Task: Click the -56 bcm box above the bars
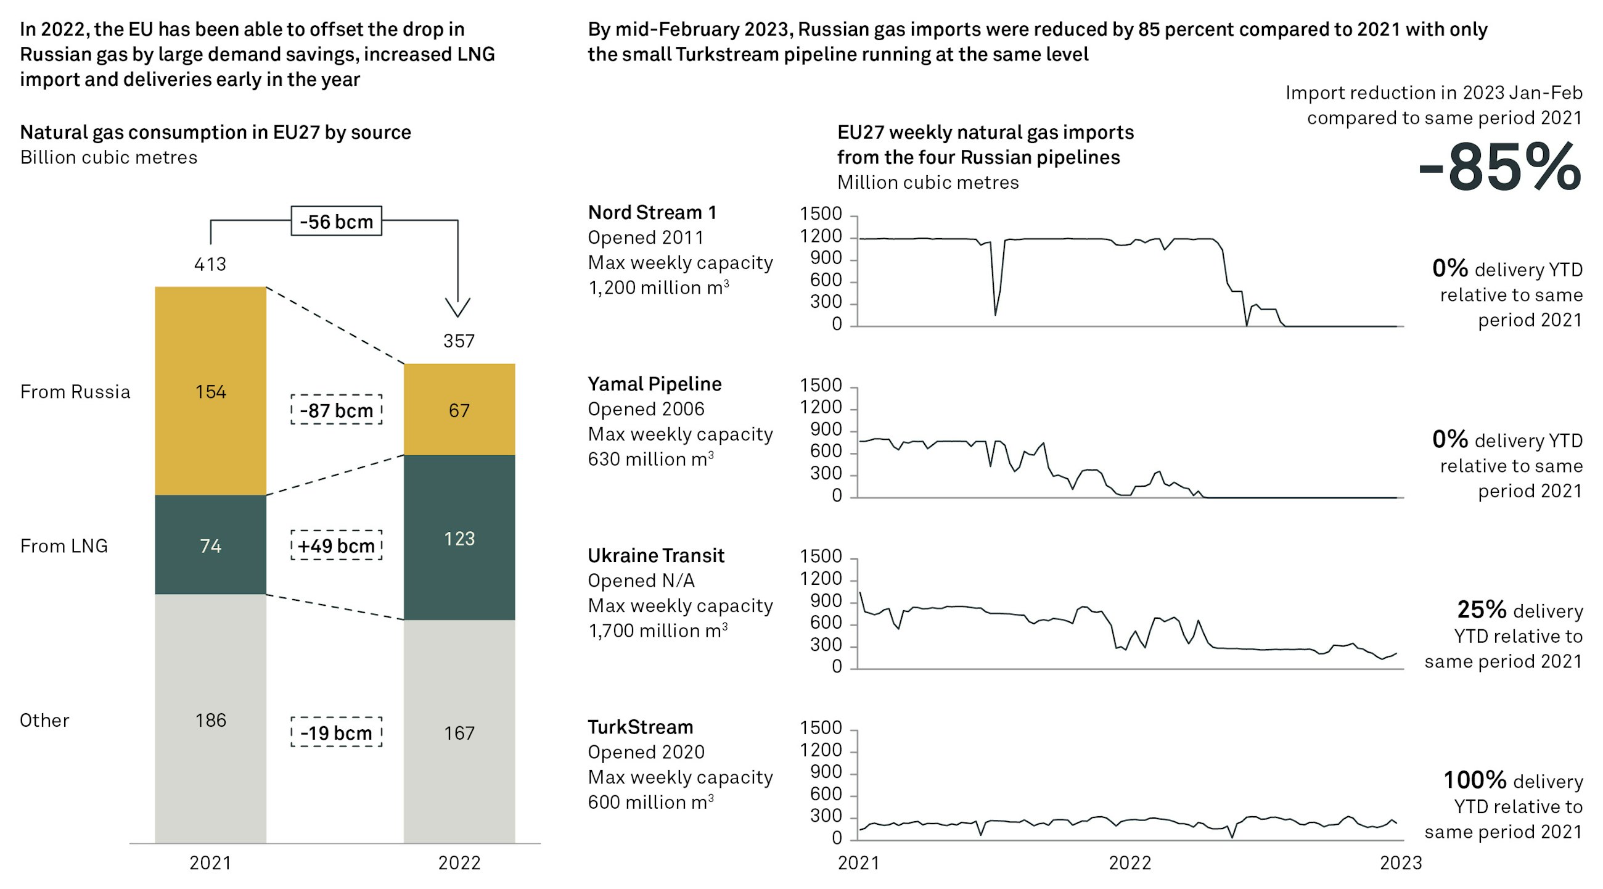(336, 221)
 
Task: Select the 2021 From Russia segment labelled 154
(210, 391)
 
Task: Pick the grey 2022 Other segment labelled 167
(459, 732)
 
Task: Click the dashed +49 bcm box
(336, 545)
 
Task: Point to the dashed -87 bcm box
(336, 410)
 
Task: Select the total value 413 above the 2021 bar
(210, 264)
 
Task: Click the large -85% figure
(1499, 167)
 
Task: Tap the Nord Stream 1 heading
(652, 212)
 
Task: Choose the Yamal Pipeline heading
(654, 384)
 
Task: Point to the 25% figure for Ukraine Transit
(1482, 609)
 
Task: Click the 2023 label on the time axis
(1401, 863)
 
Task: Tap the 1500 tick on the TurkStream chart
(820, 727)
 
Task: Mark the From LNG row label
(64, 545)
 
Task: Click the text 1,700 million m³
(657, 630)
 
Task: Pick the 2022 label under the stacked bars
(459, 863)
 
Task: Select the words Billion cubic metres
(109, 157)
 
